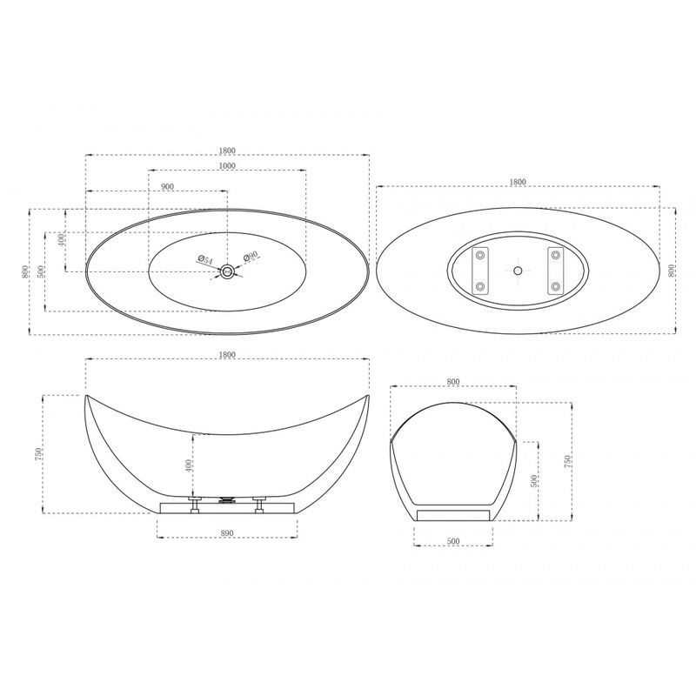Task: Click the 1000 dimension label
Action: pos(227,165)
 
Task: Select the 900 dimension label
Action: pos(167,186)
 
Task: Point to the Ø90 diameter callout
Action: pos(251,256)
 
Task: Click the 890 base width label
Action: pos(227,533)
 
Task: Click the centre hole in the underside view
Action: pos(518,270)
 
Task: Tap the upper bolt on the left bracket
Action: pos(480,255)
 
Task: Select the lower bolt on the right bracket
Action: pos(555,286)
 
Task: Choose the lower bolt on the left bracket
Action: pos(480,286)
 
